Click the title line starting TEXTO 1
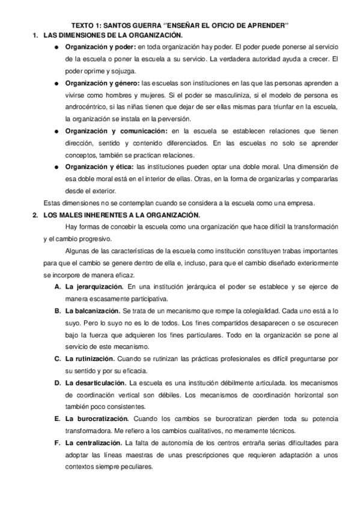click(x=180, y=25)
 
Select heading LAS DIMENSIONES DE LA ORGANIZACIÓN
click(x=117, y=35)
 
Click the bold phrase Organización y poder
click(x=100, y=46)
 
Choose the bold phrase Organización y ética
click(x=100, y=166)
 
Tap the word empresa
click(x=310, y=202)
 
